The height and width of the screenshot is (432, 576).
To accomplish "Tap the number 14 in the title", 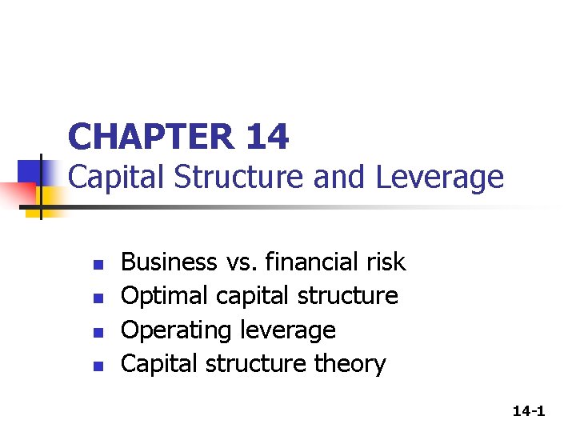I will click(267, 138).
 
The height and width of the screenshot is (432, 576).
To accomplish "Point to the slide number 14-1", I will click(529, 411).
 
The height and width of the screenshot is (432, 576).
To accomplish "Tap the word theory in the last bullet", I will click(350, 365).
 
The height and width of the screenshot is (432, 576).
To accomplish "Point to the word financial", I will click(313, 262).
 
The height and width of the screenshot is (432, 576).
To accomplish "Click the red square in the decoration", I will click(16, 194).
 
